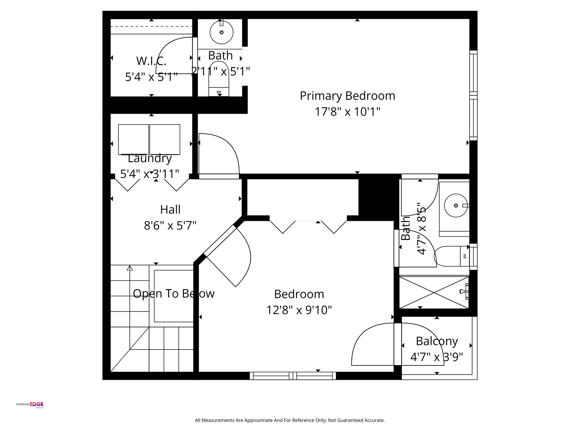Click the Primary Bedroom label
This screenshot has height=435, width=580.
tap(347, 96)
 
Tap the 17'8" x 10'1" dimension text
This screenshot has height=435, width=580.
tap(347, 112)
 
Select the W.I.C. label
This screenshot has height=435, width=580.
tap(151, 61)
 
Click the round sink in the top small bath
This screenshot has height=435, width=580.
tap(221, 32)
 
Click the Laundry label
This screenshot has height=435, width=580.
tap(150, 159)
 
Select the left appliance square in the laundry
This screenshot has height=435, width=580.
tap(133, 139)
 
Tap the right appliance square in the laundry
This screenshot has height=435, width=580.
tap(165, 139)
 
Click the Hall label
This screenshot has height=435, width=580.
tap(170, 210)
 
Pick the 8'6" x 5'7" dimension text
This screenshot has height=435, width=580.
tap(170, 226)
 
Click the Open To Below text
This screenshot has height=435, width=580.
tap(174, 294)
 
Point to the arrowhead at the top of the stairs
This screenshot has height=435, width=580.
tap(130, 268)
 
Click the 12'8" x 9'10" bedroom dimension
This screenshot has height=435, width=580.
tap(299, 310)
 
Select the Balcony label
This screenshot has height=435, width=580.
tap(437, 341)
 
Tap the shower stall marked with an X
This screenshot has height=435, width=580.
tap(434, 293)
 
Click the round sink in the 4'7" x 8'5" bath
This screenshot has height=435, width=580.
tap(456, 205)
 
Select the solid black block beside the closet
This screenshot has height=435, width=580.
tap(376, 197)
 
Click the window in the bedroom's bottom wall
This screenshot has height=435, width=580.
tap(293, 376)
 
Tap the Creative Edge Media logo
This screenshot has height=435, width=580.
tap(30, 404)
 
